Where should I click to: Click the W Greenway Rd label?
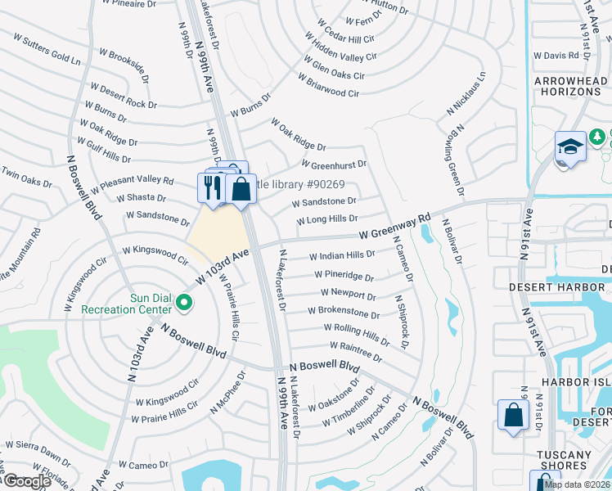tap(394, 227)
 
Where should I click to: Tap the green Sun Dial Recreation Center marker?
tap(184, 304)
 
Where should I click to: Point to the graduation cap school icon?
tap(570, 146)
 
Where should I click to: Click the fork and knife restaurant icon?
tap(211, 187)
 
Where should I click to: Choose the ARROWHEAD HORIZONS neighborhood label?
tap(568, 87)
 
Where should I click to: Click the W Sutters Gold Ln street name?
tap(47, 50)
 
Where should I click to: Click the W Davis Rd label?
tap(556, 56)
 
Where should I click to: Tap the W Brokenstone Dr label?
tap(343, 313)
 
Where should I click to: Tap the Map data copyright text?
tap(576, 484)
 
